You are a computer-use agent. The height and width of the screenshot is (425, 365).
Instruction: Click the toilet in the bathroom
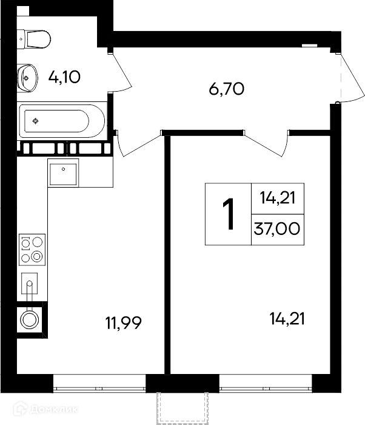(x=34, y=39)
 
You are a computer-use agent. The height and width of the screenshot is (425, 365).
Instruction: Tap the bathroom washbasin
(x=27, y=78)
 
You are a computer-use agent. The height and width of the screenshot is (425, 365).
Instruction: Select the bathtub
(x=62, y=121)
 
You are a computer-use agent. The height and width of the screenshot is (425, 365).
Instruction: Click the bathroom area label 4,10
(x=64, y=76)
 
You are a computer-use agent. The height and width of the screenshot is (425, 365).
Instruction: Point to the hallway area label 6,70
(x=227, y=89)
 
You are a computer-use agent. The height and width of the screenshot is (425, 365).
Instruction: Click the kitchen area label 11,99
(x=124, y=323)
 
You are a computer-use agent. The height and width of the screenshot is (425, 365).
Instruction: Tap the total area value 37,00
(x=277, y=228)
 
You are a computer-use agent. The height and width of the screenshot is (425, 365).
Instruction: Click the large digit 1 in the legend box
(x=228, y=214)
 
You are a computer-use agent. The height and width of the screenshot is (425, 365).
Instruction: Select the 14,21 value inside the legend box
(x=278, y=197)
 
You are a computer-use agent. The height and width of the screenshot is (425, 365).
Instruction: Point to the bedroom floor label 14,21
(x=287, y=319)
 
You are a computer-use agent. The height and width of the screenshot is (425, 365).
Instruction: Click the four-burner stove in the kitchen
(x=32, y=250)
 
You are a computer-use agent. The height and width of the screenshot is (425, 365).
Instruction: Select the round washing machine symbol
(x=30, y=320)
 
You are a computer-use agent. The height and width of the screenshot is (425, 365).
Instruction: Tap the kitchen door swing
(x=138, y=144)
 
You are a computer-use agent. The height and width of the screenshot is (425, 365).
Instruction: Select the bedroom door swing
(x=267, y=144)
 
